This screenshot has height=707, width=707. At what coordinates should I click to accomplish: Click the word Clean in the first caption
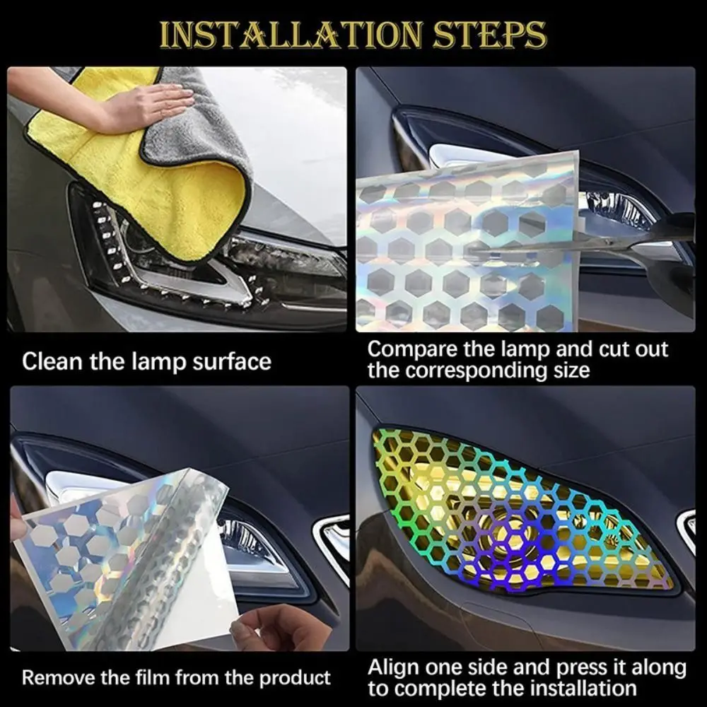pyautogui.click(x=54, y=362)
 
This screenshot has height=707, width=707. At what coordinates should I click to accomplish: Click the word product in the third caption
pyautogui.click(x=294, y=678)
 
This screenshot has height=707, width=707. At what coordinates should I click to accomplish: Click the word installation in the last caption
pyautogui.click(x=572, y=688)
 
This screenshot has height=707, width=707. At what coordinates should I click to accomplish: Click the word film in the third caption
pyautogui.click(x=156, y=678)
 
